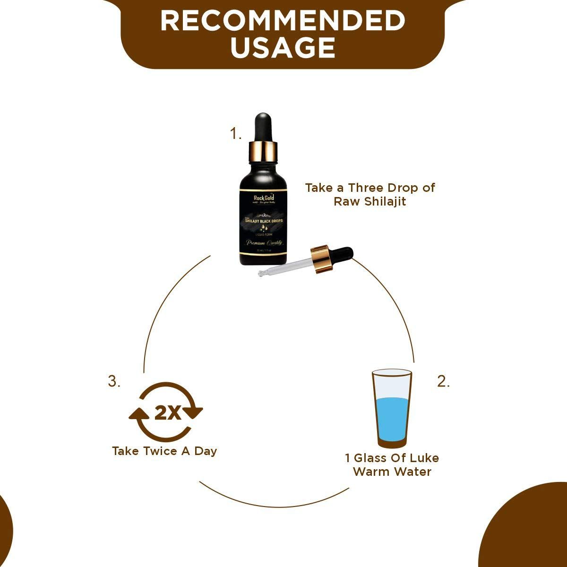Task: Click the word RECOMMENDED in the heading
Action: click(x=283, y=21)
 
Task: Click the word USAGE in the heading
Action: click(x=283, y=48)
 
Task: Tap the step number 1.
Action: click(x=235, y=134)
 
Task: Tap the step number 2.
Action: click(x=443, y=382)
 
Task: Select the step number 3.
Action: click(x=114, y=381)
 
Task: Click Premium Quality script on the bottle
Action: click(x=263, y=242)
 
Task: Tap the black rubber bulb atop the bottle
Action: click(x=263, y=125)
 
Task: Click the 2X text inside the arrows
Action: click(x=168, y=413)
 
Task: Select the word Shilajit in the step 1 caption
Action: click(x=385, y=201)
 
